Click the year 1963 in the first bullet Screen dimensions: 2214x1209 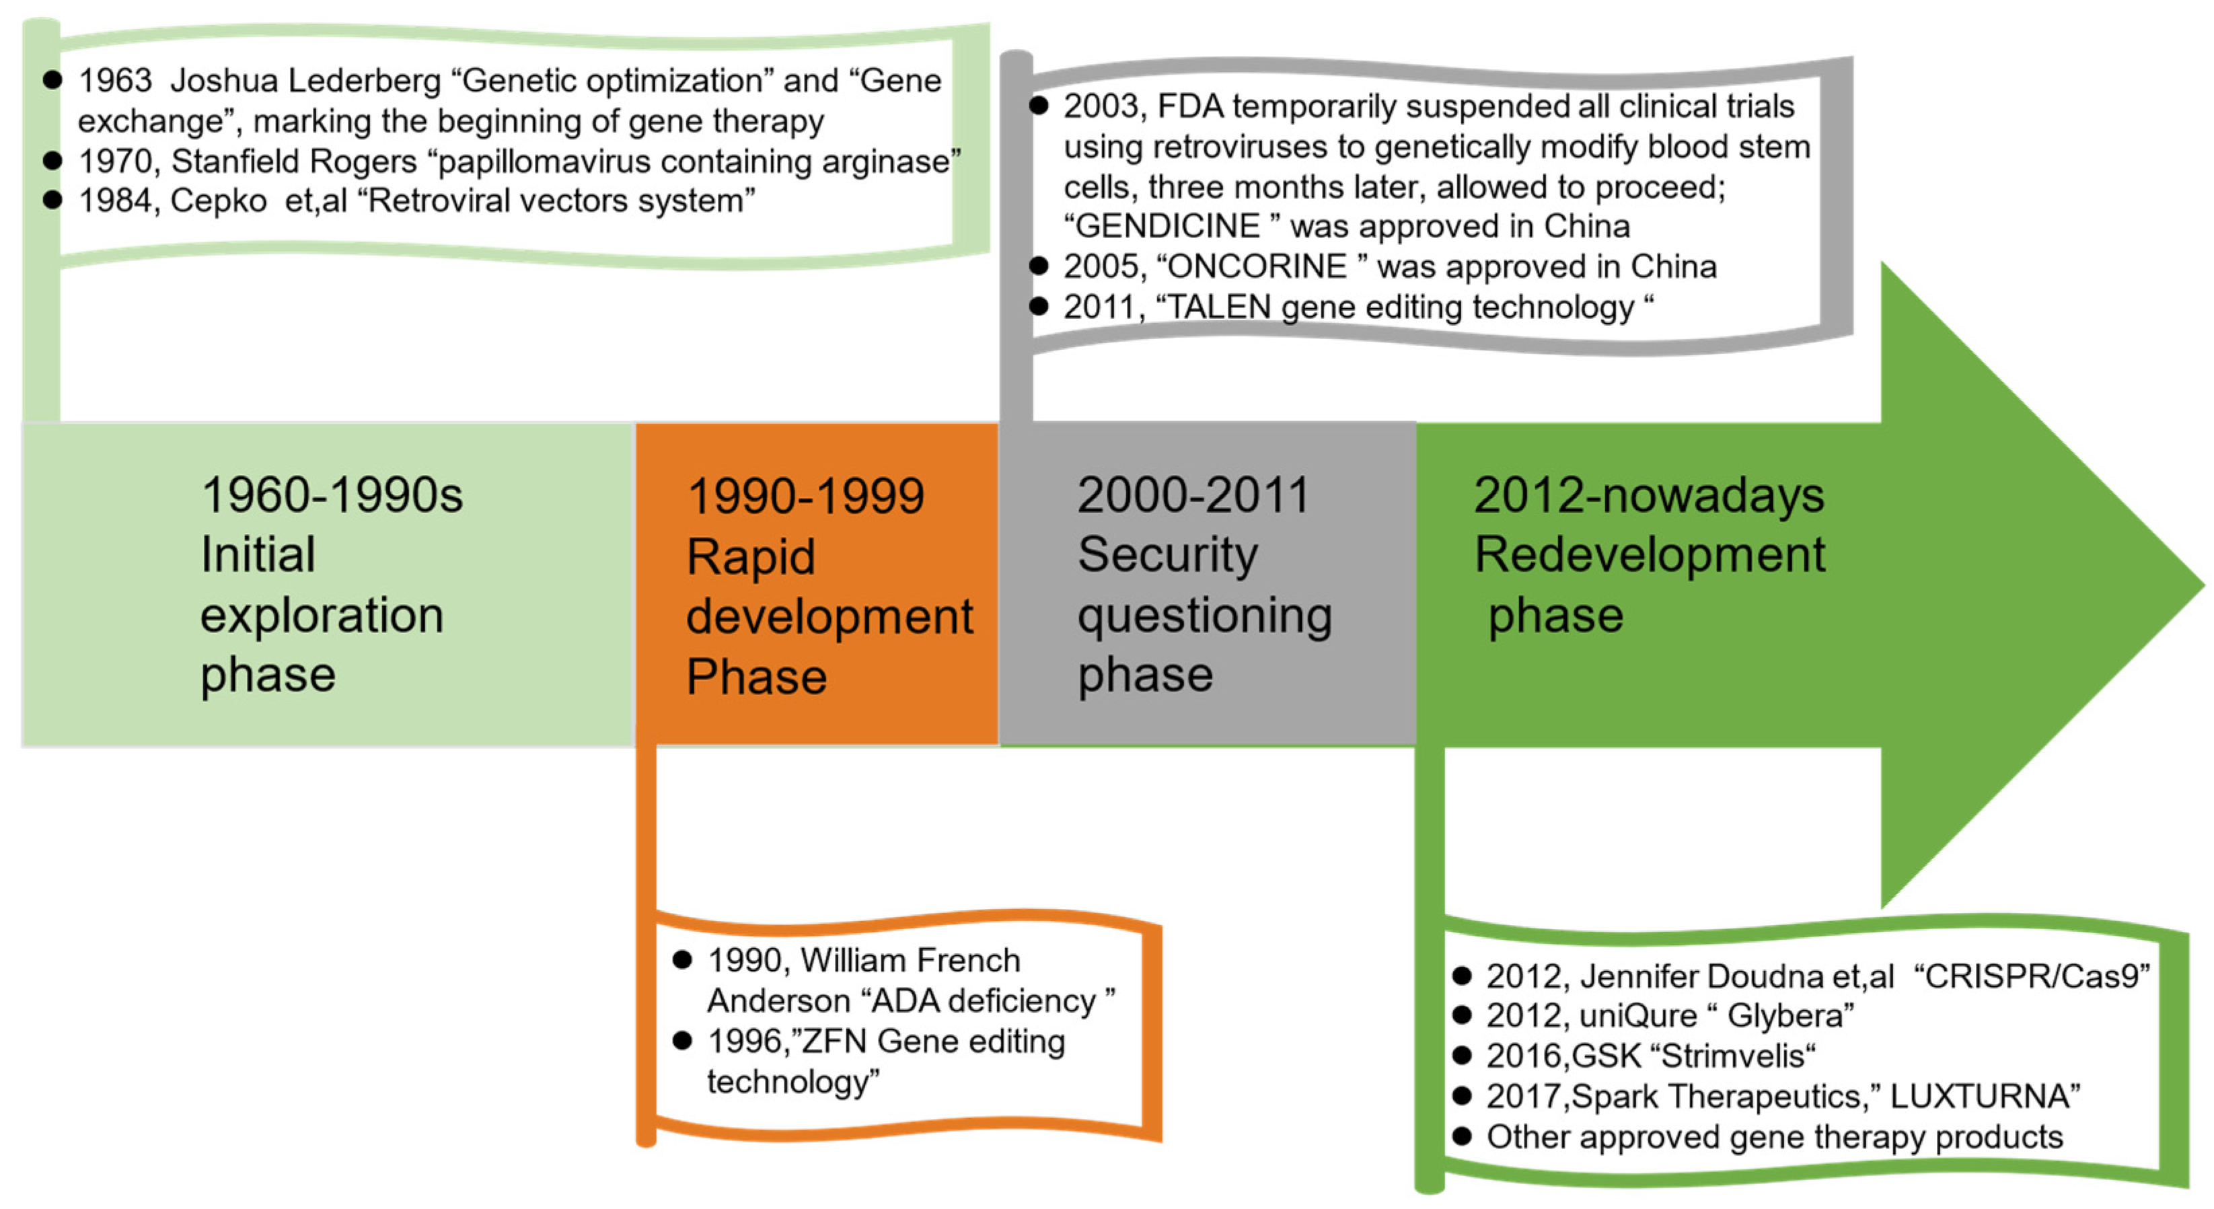click(x=115, y=81)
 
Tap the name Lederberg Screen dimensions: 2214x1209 click(x=365, y=81)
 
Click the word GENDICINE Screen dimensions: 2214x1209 click(x=1168, y=226)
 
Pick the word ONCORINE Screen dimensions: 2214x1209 click(x=1257, y=266)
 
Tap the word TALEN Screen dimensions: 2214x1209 click(x=1220, y=307)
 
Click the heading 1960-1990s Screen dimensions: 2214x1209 click(x=332, y=495)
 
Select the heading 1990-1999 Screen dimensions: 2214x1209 click(x=806, y=496)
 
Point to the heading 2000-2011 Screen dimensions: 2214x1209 click(x=1193, y=495)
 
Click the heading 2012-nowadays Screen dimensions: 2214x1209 click(x=1648, y=496)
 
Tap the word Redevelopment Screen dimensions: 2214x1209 click(x=1650, y=555)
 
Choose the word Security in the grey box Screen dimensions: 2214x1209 click(x=1168, y=555)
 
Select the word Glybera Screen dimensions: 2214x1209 click(x=1785, y=1016)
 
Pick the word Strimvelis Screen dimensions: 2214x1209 click(x=1733, y=1056)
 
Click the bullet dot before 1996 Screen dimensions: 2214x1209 click(x=682, y=1041)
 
